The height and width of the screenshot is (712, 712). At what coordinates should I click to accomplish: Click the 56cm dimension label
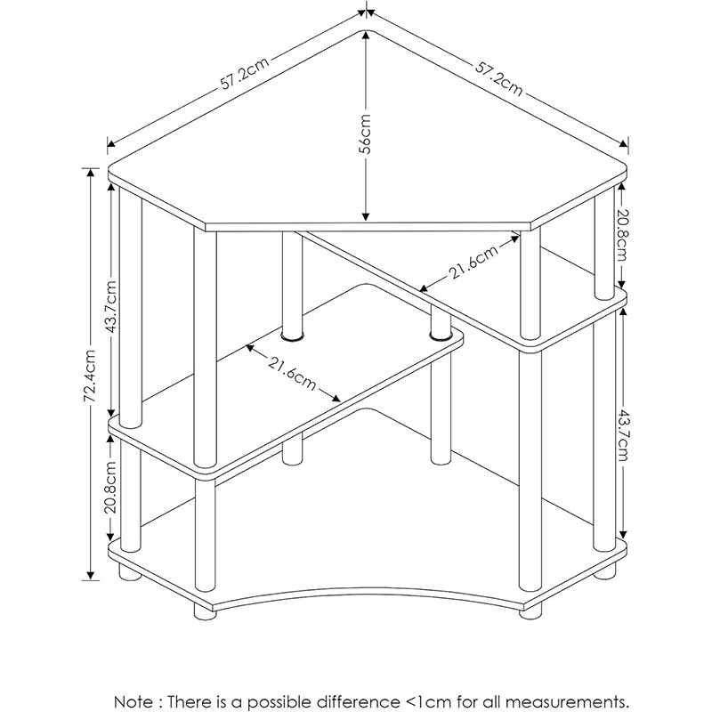(x=366, y=134)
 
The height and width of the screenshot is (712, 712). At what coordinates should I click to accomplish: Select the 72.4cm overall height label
(x=91, y=376)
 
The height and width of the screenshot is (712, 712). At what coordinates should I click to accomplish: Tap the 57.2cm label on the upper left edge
(x=244, y=73)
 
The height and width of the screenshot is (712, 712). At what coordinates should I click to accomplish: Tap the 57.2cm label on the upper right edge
(x=499, y=78)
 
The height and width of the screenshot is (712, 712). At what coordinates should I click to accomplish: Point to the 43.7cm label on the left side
(x=111, y=306)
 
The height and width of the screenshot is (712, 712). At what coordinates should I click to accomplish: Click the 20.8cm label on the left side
(x=111, y=486)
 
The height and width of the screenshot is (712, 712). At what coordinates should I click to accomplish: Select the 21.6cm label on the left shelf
(x=292, y=374)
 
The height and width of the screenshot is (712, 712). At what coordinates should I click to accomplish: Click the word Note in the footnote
(x=133, y=700)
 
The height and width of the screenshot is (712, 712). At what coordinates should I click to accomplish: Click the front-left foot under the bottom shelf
(x=206, y=612)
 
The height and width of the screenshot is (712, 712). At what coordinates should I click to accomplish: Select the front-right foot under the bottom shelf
(x=530, y=611)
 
